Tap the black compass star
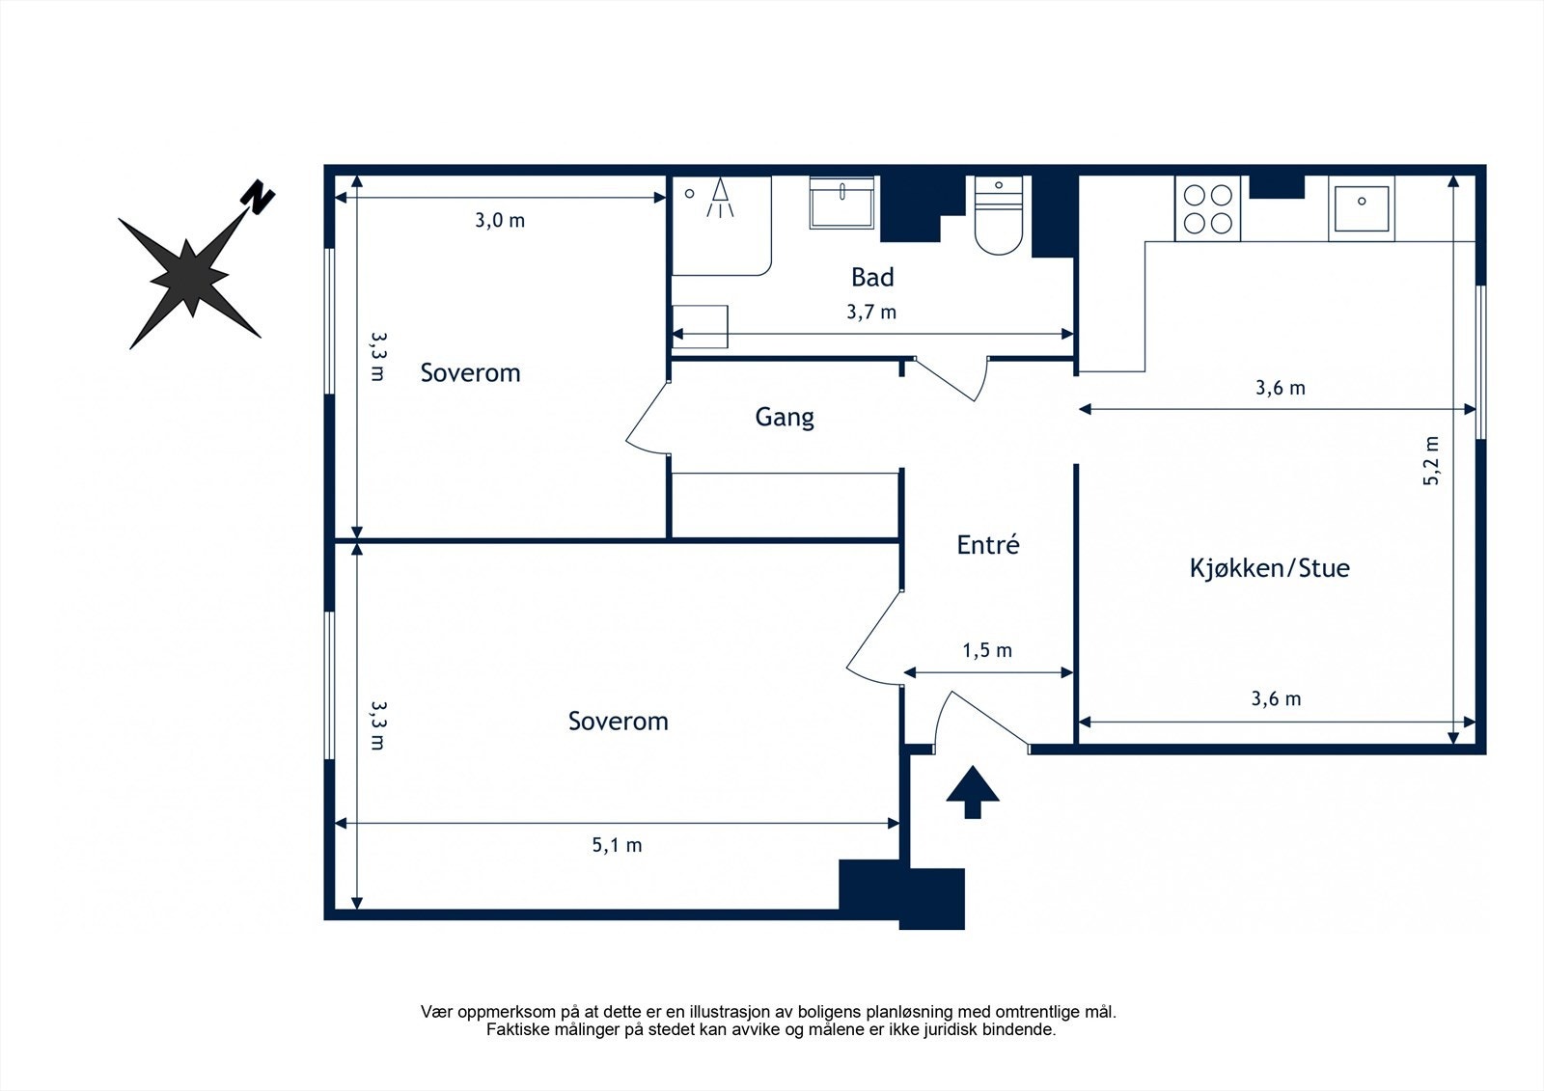(189, 279)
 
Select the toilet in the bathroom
(999, 215)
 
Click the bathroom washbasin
(841, 203)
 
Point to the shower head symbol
(720, 198)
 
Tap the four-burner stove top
(1207, 208)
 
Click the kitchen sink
(1362, 208)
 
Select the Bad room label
(872, 277)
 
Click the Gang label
(785, 418)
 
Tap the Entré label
(988, 544)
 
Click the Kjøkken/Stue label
(1270, 568)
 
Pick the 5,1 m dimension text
(617, 845)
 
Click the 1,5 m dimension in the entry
(987, 650)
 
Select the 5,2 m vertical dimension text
(1431, 461)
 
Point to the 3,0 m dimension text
(500, 221)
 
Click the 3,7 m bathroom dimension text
(871, 313)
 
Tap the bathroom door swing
(951, 378)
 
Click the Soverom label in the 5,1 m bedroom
(619, 721)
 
